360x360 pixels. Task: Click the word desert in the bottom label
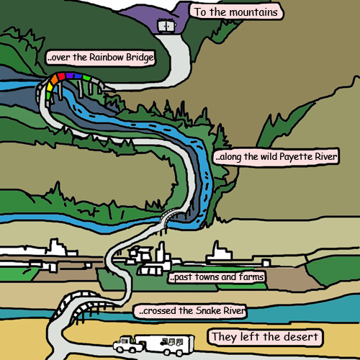pos(302,337)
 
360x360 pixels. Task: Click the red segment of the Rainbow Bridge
pos(61,76)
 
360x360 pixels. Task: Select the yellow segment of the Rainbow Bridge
pos(50,87)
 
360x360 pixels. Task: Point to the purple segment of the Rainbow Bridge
pos(70,76)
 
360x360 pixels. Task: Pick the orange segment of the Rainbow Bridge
pos(55,80)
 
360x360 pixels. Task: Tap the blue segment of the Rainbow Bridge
pos(78,76)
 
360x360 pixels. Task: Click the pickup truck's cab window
pos(125,341)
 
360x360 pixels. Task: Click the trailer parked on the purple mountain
pos(166,26)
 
